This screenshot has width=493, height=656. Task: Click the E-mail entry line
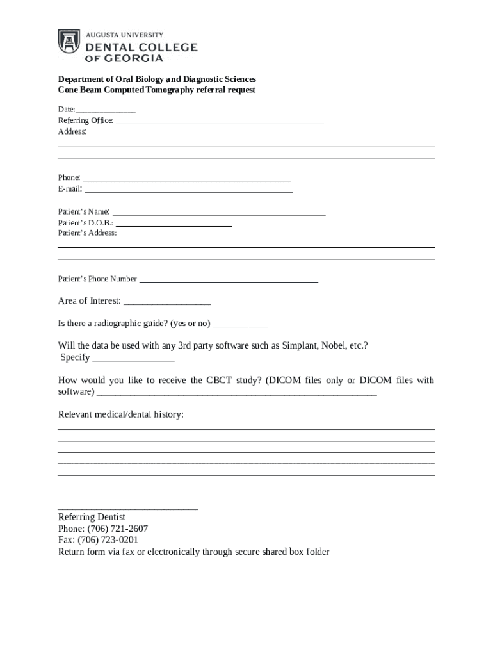tap(189, 191)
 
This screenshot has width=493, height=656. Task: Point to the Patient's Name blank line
tap(219, 214)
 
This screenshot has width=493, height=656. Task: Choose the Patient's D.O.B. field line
tap(174, 225)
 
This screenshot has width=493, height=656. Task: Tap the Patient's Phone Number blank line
tap(229, 281)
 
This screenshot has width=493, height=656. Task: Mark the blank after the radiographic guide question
tap(240, 325)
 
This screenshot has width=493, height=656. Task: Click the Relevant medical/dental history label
tap(121, 414)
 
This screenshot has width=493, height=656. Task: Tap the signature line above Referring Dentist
tap(128, 509)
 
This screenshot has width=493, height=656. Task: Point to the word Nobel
tap(333, 346)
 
